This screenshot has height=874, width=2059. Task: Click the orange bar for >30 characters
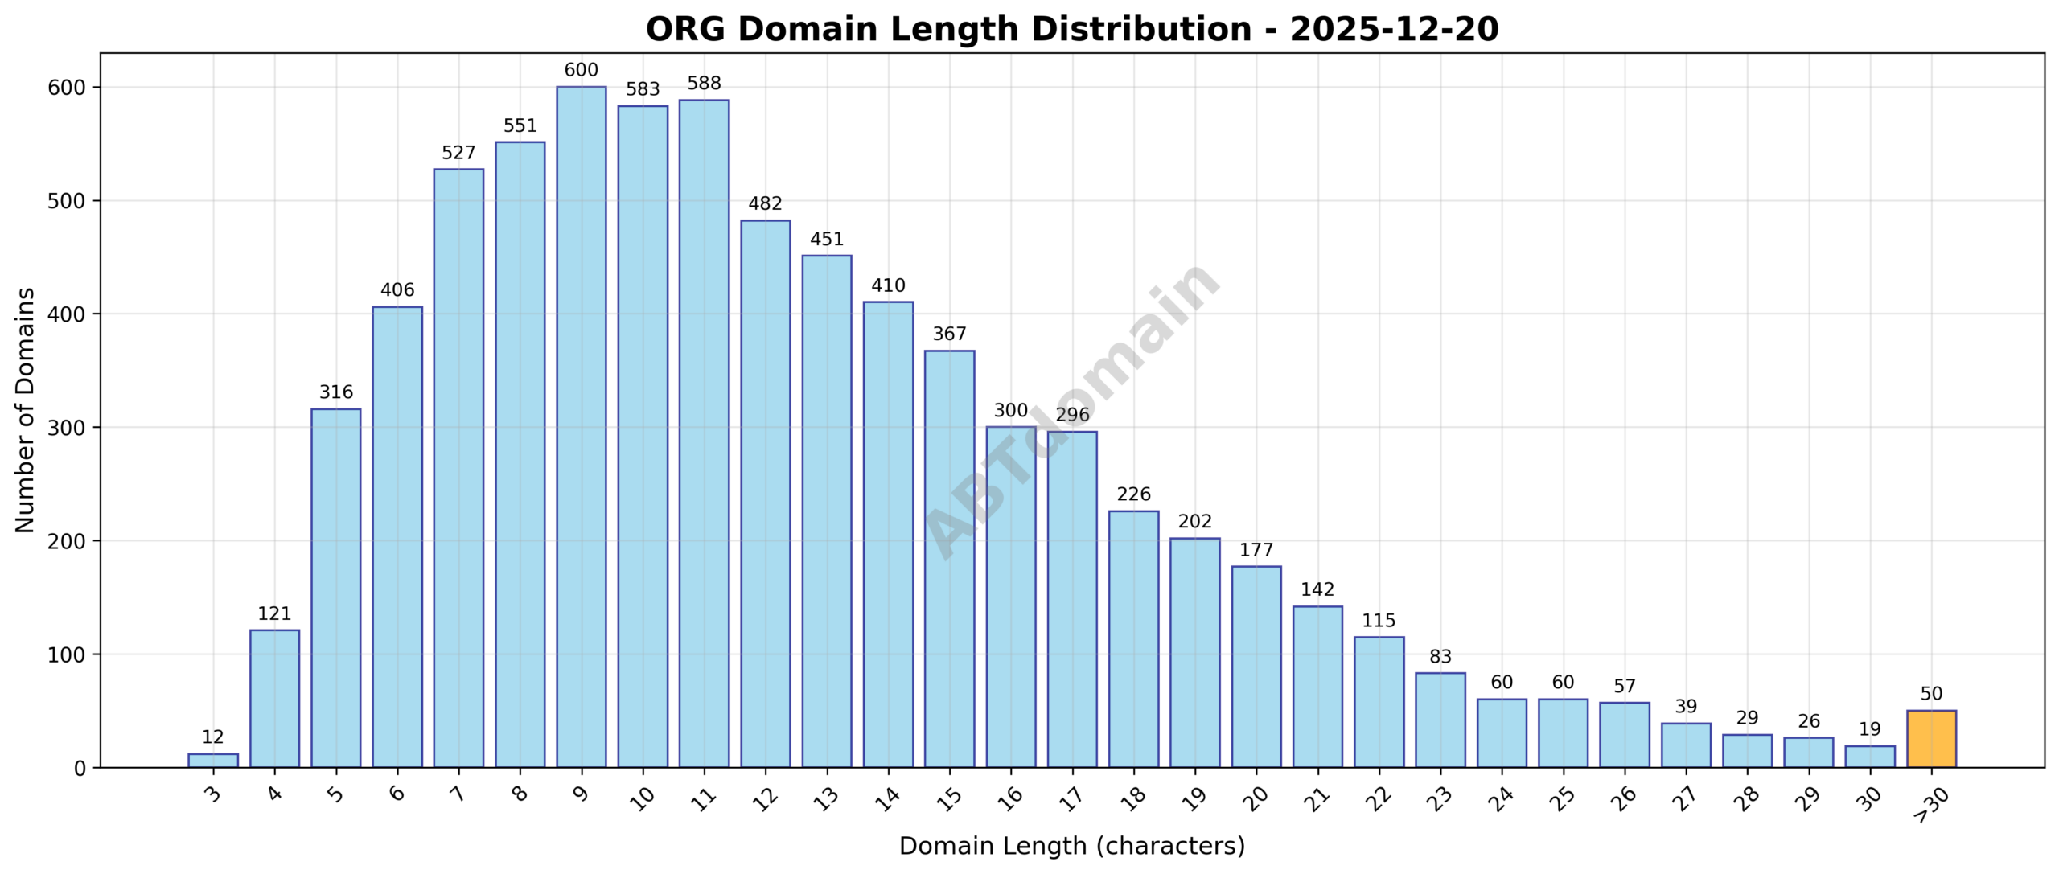[x=1931, y=739]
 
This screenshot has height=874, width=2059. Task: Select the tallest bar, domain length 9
[x=581, y=426]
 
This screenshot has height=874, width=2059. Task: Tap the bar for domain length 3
[x=213, y=761]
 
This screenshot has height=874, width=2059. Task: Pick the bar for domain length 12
[x=765, y=494]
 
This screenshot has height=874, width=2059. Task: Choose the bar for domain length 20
[x=1256, y=667]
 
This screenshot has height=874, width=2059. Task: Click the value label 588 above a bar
[x=704, y=84]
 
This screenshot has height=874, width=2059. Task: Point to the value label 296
[x=1072, y=415]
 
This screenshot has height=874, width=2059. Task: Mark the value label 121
[x=274, y=614]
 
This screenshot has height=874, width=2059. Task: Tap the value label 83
[x=1440, y=657]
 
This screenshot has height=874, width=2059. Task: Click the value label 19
[x=1870, y=729]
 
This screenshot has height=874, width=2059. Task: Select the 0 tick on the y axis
[x=79, y=769]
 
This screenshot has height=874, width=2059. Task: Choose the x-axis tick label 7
[x=458, y=794]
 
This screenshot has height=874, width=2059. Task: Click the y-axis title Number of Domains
[x=26, y=410]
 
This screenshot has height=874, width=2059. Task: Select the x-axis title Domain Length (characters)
[x=1071, y=846]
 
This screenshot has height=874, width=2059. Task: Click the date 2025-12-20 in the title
[x=1394, y=30]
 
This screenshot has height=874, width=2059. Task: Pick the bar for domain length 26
[x=1624, y=735]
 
